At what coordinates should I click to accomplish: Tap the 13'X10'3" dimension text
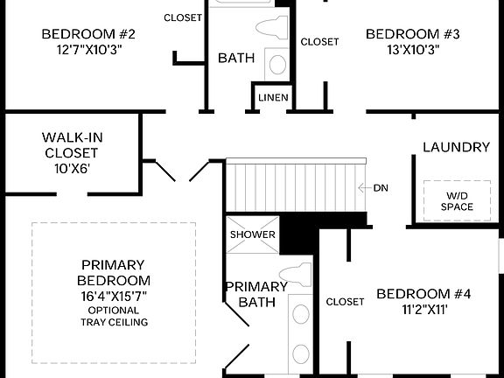coord(401,49)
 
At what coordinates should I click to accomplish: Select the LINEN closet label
coord(273,97)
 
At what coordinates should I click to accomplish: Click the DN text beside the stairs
coord(381,188)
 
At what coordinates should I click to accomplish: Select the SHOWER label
coord(252,234)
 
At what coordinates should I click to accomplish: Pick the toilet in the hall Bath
coord(277,30)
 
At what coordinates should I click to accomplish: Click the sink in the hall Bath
coord(276,63)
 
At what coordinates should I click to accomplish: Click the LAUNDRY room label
coord(456,147)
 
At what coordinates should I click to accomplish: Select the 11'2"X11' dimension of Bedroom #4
coord(423,310)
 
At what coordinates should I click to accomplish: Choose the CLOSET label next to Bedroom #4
coord(345,302)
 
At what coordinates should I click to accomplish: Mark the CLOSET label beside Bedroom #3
coord(319,41)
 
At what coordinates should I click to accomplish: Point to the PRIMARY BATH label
coord(256,294)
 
